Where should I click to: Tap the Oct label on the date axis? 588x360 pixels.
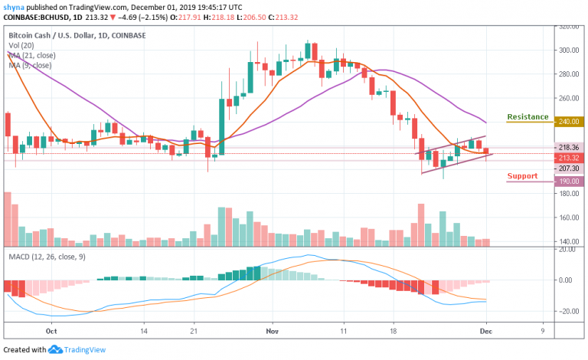coord(51,332)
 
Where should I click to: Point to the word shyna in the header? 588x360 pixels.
coord(12,6)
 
